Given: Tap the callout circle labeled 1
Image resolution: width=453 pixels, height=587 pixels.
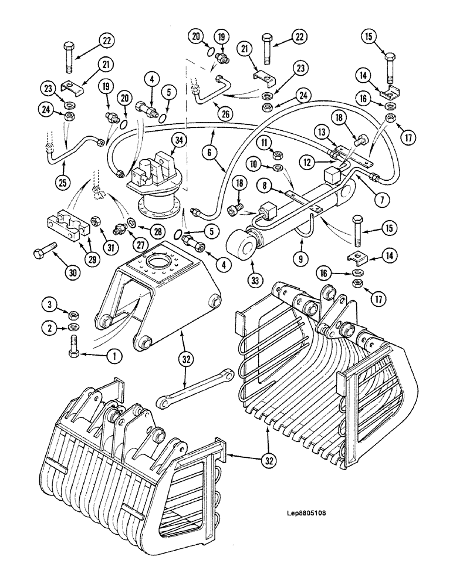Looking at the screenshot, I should click(114, 355).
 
